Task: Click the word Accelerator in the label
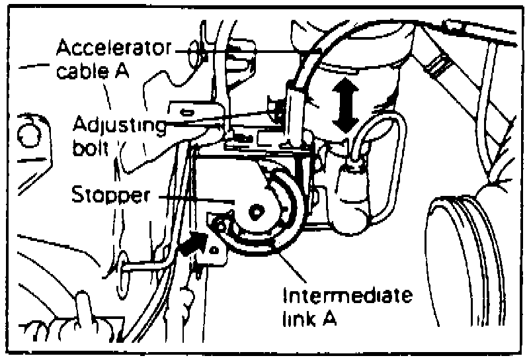click(113, 48)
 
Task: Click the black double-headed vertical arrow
click(345, 105)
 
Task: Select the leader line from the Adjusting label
click(218, 121)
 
